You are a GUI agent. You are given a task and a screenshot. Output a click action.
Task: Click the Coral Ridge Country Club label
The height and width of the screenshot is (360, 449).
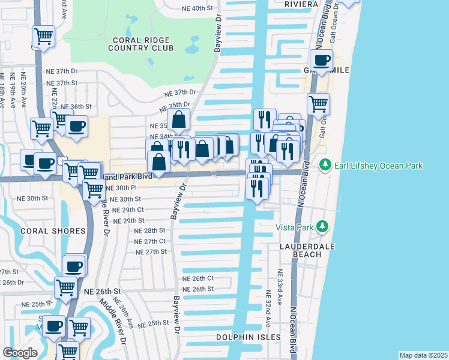pos(140,44)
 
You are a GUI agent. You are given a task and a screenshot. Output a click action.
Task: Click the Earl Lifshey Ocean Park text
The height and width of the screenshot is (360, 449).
pos(379,166)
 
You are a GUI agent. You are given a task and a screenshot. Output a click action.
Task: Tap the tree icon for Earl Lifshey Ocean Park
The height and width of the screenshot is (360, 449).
pos(325,164)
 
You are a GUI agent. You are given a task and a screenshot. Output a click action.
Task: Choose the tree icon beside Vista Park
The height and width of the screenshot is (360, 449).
pos(323,226)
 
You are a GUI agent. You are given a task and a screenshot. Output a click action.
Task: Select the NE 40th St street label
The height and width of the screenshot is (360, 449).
pos(197,8)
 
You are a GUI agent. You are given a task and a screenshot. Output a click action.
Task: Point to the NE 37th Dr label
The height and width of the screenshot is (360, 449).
pos(181,92)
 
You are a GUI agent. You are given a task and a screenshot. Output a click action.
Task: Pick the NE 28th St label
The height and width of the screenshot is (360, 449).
pos(150,230)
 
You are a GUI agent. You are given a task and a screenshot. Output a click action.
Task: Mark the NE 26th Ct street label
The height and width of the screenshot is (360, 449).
pos(198,278)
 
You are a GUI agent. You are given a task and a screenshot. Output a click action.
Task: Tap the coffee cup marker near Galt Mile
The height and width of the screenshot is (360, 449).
pos(321,61)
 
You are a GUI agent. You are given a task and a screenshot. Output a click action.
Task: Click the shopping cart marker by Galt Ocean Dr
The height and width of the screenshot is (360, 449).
pos(318,104)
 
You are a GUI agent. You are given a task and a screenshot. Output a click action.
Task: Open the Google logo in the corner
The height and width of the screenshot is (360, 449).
pos(20,353)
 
